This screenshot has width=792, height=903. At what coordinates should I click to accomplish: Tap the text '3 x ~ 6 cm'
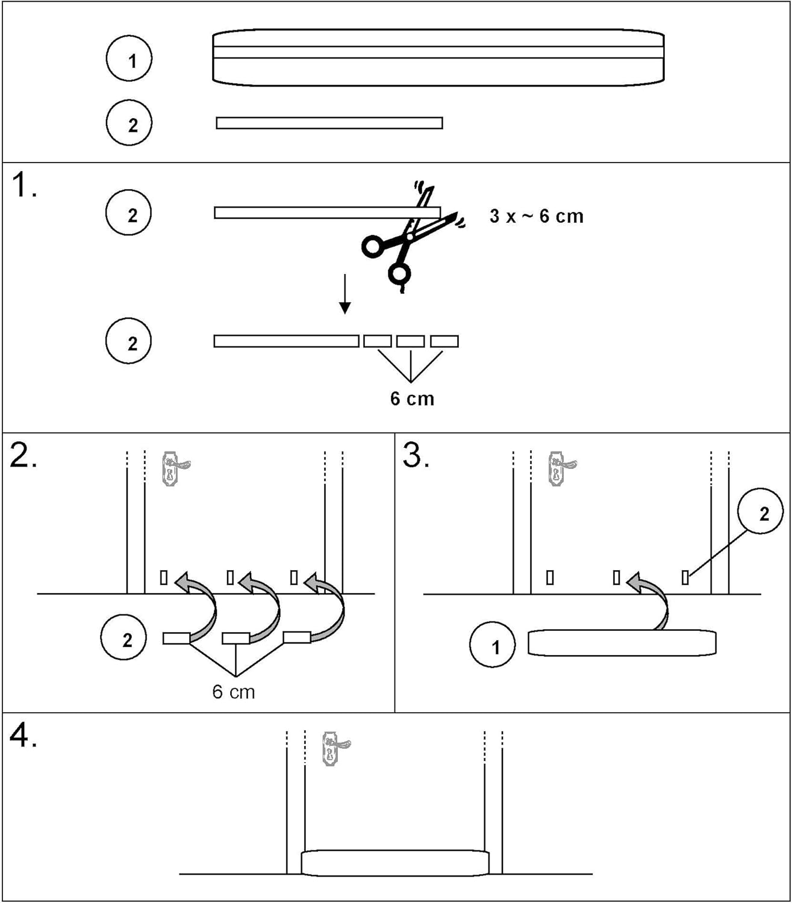click(536, 216)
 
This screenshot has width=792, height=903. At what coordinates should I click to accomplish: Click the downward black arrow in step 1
click(345, 294)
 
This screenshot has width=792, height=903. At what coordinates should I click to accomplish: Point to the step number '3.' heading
click(416, 456)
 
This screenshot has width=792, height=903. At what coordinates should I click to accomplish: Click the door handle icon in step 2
click(174, 470)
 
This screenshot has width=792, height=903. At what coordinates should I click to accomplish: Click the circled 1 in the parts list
click(129, 59)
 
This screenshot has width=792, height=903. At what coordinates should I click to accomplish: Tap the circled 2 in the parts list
click(129, 123)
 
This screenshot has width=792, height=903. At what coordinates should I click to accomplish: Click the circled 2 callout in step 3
click(761, 513)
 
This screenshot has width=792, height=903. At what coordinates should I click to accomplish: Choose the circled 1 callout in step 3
click(493, 645)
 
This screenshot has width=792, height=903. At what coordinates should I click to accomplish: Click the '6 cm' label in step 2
click(234, 692)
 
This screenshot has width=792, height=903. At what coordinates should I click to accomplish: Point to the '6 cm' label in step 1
click(412, 399)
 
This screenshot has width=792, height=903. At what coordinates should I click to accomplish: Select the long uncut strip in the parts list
click(329, 123)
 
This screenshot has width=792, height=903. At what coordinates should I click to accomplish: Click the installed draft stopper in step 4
click(394, 863)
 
